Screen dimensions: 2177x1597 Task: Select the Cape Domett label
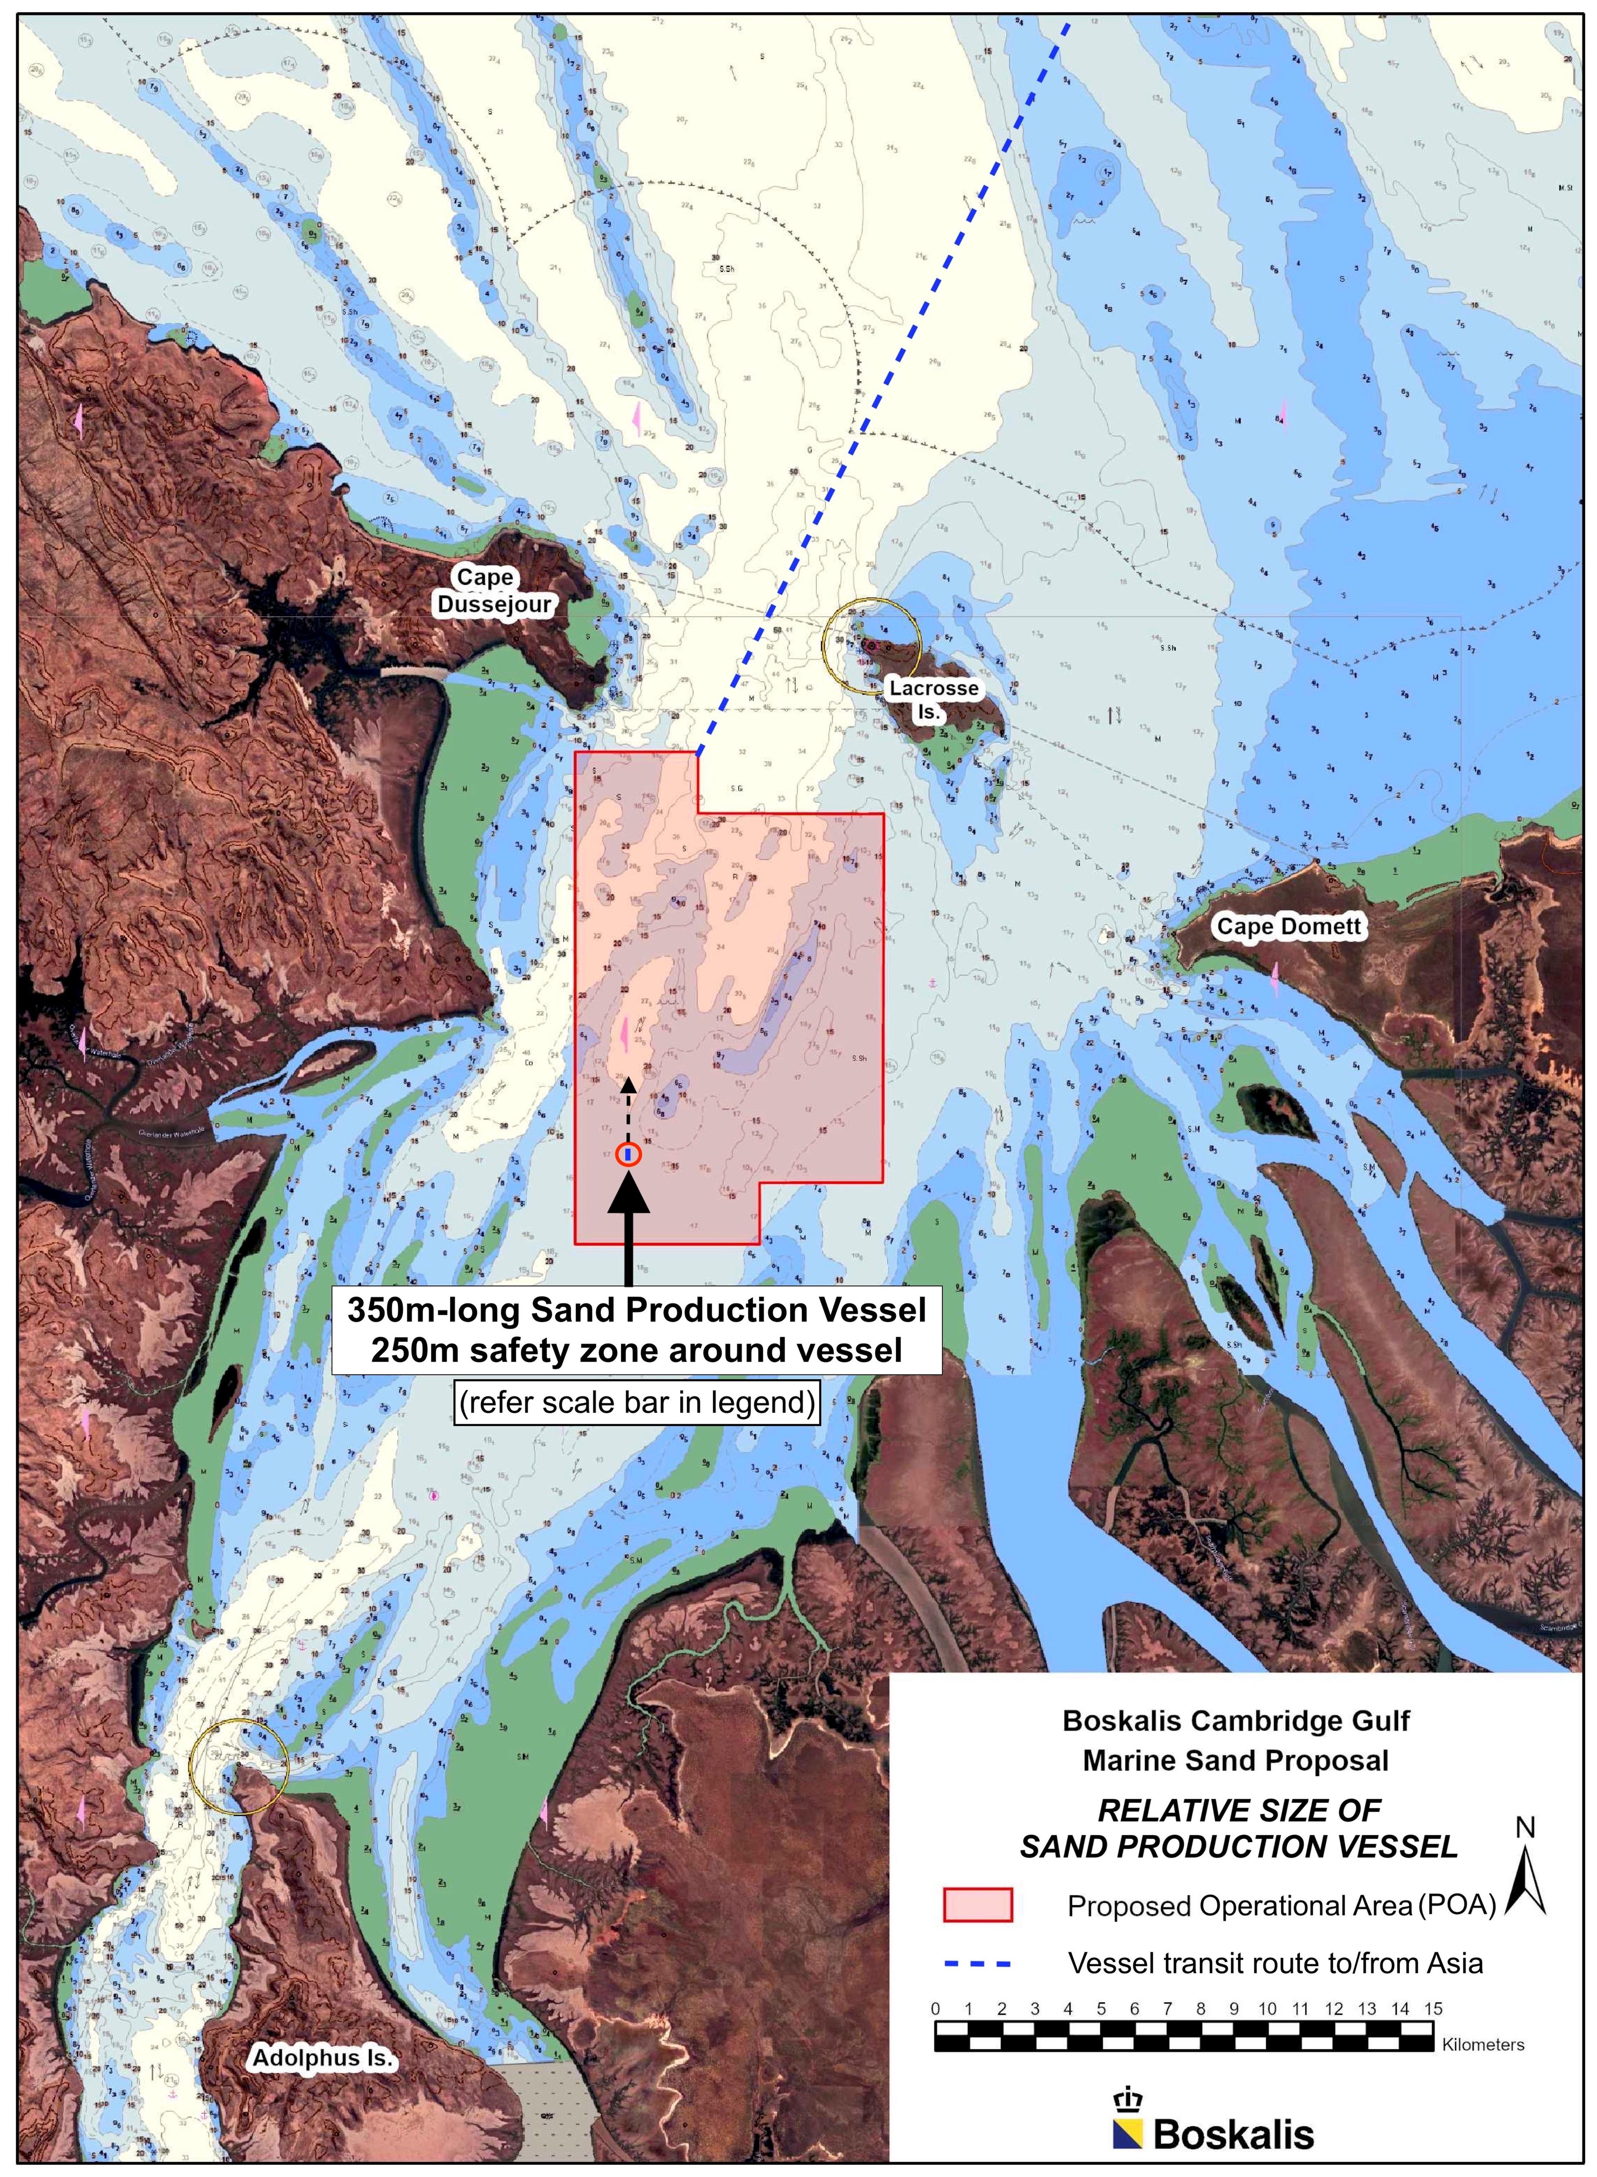point(1287,926)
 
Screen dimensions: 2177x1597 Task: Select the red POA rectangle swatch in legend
point(977,1904)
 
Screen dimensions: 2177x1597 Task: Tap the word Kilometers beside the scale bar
point(1483,2045)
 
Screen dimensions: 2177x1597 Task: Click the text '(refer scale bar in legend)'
point(637,1402)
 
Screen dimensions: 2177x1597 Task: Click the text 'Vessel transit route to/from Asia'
point(1275,1963)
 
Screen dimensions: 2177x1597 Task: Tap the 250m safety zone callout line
point(636,1349)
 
